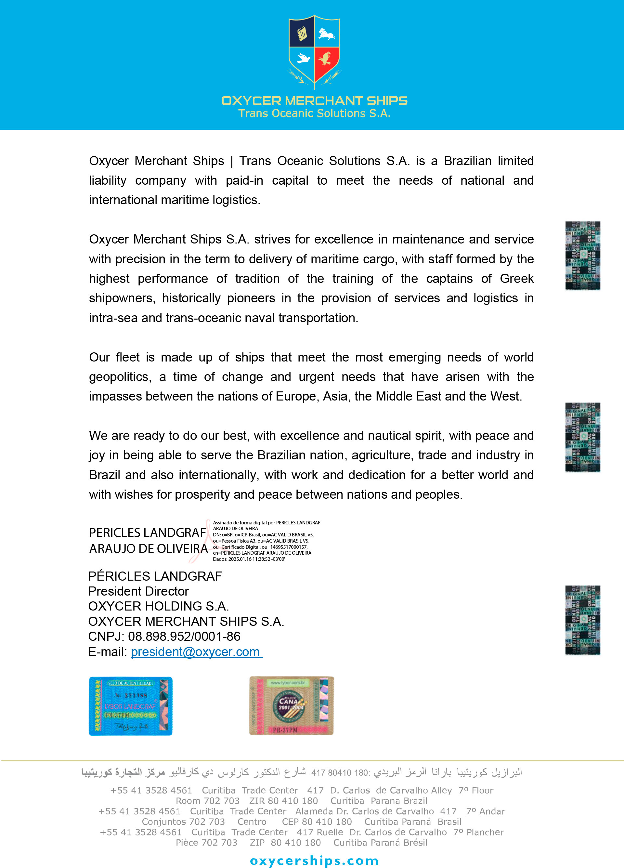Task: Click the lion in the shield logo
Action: click(326, 34)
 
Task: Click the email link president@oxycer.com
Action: click(196, 651)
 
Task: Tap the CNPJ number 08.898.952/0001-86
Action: click(184, 636)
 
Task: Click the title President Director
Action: click(138, 591)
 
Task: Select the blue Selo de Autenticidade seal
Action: click(130, 706)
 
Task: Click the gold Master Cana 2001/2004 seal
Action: click(291, 706)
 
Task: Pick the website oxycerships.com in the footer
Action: click(314, 860)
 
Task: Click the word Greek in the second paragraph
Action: click(516, 279)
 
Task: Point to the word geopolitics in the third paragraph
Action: click(119, 377)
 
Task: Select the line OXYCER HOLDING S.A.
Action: click(158, 606)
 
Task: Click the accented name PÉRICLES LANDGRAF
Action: click(155, 576)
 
